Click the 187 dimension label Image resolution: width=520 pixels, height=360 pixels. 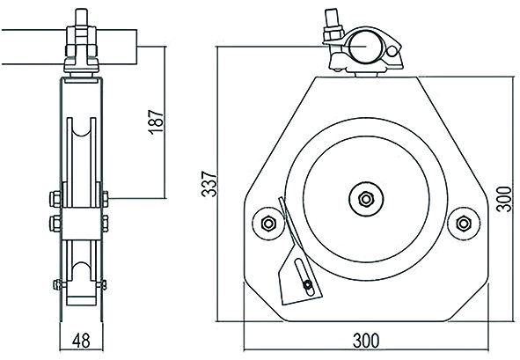156,121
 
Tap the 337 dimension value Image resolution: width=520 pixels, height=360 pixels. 209,183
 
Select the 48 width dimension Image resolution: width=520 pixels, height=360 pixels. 81,341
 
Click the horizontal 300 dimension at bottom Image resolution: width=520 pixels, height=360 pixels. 366,341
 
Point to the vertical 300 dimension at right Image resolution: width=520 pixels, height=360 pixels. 504,199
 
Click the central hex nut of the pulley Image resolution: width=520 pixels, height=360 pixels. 366,199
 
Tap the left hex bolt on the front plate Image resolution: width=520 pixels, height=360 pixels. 268,224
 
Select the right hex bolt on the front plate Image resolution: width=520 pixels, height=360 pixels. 464,224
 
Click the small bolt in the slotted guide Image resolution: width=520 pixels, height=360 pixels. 308,284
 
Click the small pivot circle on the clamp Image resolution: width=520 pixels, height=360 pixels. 392,51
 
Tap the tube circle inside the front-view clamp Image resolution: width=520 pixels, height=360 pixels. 366,47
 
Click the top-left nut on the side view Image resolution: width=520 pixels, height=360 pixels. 55,199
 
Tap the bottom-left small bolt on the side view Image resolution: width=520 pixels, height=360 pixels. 58,284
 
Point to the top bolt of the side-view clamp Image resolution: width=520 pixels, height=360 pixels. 81,18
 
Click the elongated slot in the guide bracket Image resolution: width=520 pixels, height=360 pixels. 304,277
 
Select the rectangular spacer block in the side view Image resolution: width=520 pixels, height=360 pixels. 81,224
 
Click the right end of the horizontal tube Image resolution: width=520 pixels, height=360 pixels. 136,47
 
